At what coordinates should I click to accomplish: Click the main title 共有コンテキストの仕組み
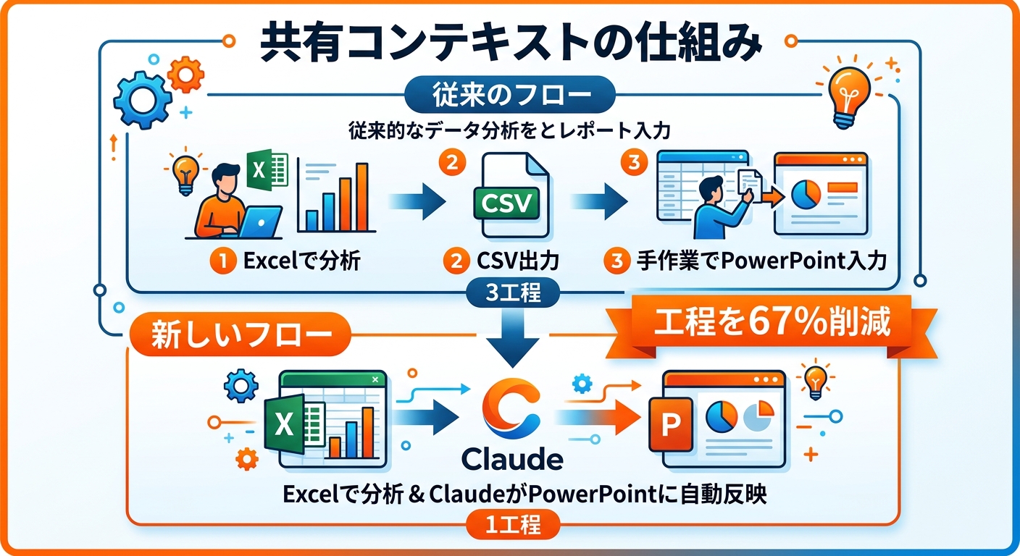point(510,45)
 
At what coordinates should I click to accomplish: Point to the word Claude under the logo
point(512,459)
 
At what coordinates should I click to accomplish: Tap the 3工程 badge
point(511,295)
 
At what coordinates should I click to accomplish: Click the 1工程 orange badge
point(511,524)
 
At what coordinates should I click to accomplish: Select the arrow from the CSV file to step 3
point(595,198)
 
